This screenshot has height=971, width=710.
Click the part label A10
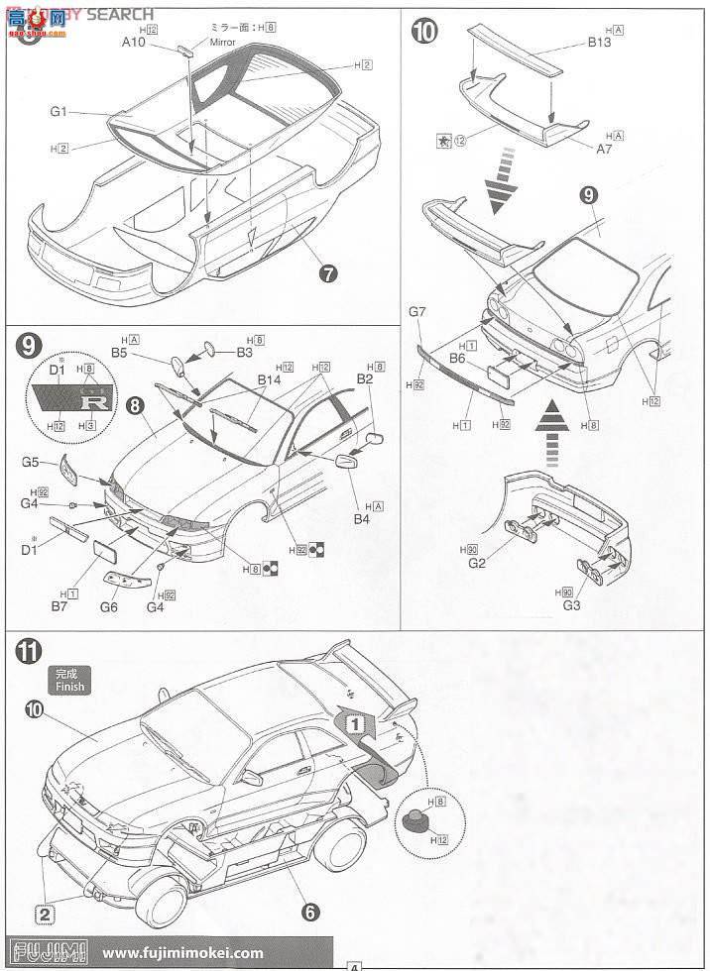click(x=135, y=42)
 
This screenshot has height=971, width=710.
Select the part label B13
click(x=600, y=42)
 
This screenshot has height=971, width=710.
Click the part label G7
click(x=417, y=313)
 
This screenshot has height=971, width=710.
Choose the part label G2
click(x=477, y=563)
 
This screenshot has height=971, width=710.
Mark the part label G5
click(x=31, y=461)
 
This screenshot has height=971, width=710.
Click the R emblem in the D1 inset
click(x=94, y=400)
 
